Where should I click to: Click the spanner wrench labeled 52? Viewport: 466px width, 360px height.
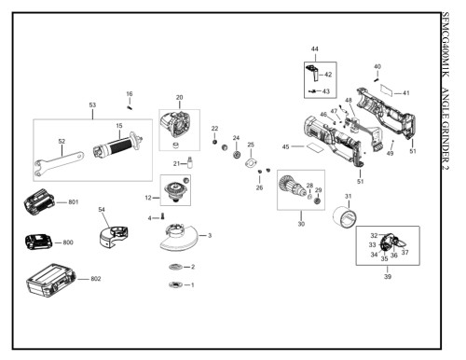click(58, 163)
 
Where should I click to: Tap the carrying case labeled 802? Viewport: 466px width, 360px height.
click(51, 281)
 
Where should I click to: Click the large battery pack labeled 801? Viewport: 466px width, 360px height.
click(39, 201)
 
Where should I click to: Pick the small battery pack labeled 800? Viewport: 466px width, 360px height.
click(39, 242)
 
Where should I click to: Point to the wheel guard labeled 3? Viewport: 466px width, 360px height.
click(179, 237)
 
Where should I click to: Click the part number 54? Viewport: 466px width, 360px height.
click(102, 210)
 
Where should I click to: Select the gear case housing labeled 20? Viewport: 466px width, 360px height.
click(175, 125)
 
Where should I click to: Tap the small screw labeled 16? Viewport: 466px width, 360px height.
click(130, 107)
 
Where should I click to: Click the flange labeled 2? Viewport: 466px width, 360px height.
click(175, 267)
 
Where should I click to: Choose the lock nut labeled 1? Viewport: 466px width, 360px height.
click(175, 284)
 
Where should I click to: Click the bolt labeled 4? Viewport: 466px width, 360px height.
click(162, 216)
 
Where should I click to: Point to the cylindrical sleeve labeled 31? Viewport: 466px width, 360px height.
click(345, 217)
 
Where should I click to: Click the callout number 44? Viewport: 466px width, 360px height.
click(315, 48)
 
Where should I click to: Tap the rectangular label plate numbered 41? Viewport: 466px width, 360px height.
click(387, 90)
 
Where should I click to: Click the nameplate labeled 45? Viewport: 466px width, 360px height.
click(314, 146)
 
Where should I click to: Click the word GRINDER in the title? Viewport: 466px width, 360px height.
click(445, 135)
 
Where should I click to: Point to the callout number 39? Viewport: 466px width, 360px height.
click(388, 276)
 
